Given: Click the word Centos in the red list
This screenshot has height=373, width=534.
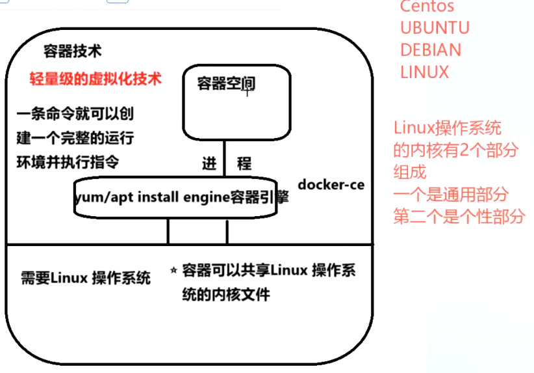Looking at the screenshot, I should [427, 7].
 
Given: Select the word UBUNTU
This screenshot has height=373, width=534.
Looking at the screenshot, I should [435, 28].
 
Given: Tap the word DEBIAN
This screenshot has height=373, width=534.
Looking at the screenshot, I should [431, 50].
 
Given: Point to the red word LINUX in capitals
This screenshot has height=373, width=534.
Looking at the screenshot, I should [424, 72].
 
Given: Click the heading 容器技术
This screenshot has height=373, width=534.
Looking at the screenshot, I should [72, 51].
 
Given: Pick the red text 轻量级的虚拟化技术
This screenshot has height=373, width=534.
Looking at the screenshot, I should [95, 79].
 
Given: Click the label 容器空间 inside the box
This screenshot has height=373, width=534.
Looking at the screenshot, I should [226, 83].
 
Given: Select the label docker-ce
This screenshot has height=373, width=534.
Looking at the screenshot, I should [331, 185].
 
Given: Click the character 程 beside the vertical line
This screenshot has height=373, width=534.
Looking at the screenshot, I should [244, 163].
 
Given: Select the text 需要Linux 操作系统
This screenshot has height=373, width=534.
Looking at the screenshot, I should [85, 278].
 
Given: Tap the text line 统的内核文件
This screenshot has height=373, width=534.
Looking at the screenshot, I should [226, 294].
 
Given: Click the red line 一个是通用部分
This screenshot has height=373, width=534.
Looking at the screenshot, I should [450, 195].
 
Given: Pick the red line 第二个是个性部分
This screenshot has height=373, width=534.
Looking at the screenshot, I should [458, 217].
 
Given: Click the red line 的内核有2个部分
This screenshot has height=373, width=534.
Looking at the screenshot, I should [455, 150].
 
